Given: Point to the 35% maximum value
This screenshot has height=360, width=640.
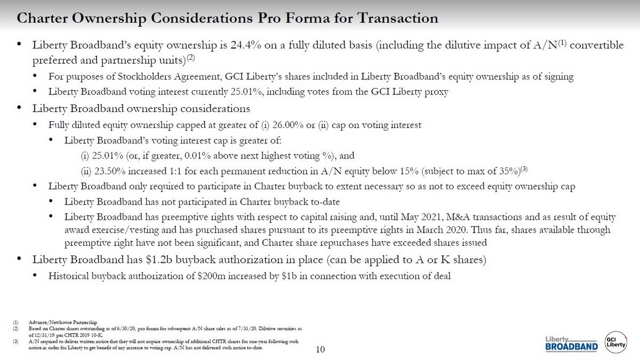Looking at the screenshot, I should pyautogui.click(x=501, y=171).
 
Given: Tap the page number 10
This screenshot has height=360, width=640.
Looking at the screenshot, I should pyautogui.click(x=320, y=350).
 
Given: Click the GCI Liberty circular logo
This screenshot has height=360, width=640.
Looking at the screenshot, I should pyautogui.click(x=616, y=343).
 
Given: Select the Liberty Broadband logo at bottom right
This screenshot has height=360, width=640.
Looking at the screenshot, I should pyautogui.click(x=572, y=345).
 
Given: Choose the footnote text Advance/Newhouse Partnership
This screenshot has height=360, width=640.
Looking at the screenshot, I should pyautogui.click(x=63, y=323).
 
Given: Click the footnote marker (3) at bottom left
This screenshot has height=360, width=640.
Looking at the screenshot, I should pyautogui.click(x=17, y=341).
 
